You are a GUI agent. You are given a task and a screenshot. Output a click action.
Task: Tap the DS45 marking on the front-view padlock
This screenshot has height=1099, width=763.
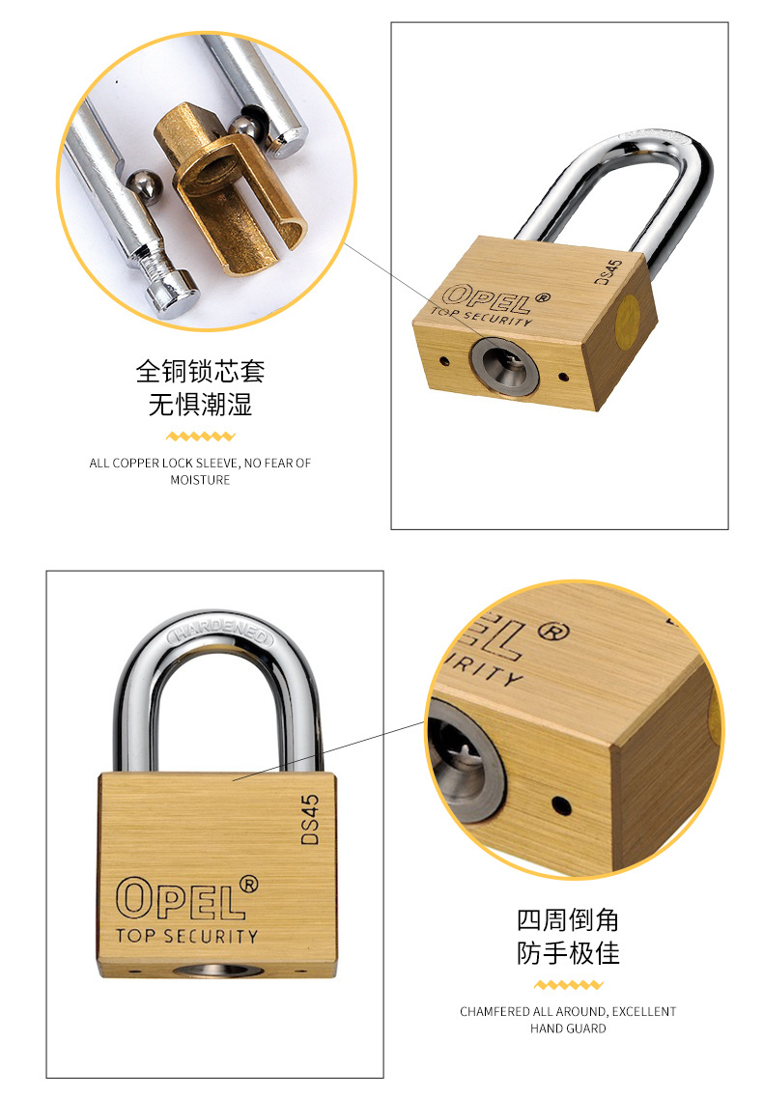310,819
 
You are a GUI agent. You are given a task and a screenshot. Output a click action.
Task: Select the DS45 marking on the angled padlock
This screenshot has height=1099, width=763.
608,271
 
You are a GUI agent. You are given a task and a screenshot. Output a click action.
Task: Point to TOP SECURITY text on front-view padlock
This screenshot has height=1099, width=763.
187,936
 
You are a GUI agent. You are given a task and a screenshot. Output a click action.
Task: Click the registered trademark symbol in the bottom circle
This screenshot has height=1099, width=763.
553,632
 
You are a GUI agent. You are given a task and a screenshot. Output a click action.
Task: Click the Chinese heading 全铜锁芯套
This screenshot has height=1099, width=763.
200,371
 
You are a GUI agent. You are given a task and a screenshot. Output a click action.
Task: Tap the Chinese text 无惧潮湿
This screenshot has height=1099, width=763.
200,405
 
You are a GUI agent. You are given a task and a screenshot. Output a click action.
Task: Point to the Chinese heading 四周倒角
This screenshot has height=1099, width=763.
568,919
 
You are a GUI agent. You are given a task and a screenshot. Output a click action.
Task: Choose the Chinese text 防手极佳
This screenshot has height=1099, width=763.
568,952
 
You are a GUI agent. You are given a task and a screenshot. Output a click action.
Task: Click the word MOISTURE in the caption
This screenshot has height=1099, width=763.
200,480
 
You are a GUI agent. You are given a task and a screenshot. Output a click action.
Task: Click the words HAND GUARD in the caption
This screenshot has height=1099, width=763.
568,1029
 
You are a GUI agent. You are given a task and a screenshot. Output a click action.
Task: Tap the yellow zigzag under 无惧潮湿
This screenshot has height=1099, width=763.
200,437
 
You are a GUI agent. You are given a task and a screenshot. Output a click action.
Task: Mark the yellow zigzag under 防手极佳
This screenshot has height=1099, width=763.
568,985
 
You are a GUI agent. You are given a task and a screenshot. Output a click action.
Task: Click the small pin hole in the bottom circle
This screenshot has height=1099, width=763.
560,805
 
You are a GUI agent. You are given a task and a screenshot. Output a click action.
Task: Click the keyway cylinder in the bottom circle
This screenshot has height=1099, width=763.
463,760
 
